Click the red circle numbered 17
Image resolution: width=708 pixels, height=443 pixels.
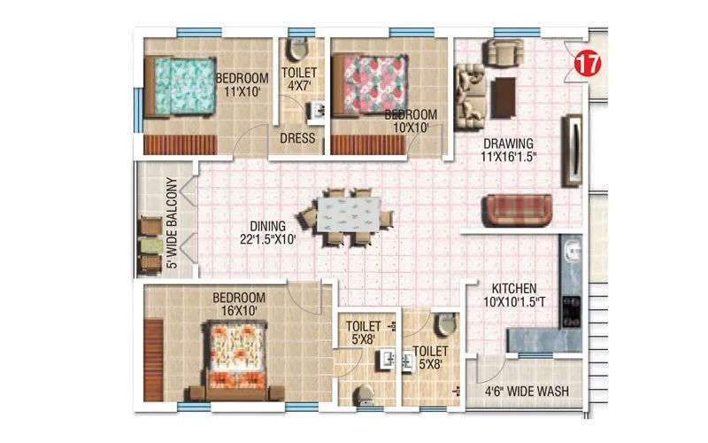click(x=584, y=63)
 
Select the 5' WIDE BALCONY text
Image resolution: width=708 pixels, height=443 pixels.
click(x=173, y=223)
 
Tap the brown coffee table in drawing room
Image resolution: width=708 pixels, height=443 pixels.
click(x=504, y=97)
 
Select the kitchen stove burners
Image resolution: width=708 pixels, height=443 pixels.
click(x=571, y=306)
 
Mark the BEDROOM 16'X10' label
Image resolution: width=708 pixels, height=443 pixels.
click(x=235, y=304)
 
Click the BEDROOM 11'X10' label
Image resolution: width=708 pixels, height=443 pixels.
click(x=242, y=84)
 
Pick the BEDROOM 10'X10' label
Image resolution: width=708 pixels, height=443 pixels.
click(x=411, y=121)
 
